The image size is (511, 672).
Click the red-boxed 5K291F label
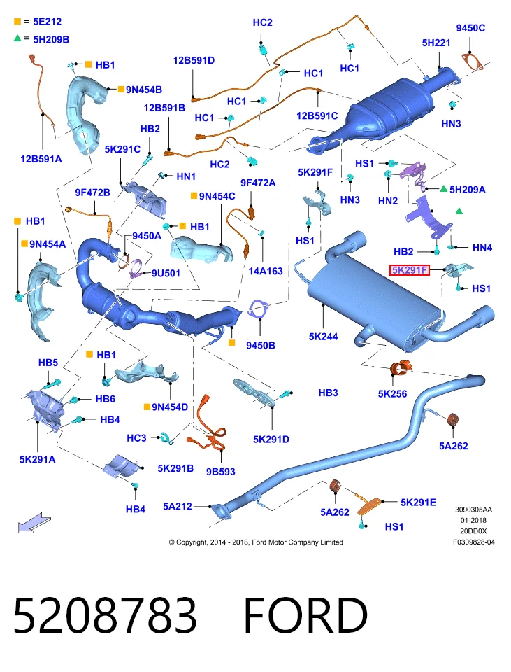point(409,270)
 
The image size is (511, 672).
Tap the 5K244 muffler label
point(323,337)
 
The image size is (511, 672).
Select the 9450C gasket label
point(470,28)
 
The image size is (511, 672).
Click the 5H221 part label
point(436,43)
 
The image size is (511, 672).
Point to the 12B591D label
point(194,60)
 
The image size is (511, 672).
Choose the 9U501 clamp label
point(166,273)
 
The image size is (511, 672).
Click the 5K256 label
point(392,393)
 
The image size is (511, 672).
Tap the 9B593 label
point(220,471)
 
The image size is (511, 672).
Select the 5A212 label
point(177,506)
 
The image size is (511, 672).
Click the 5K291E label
point(418,503)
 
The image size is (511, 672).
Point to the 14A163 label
point(266,271)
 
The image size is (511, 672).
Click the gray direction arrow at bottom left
point(34,522)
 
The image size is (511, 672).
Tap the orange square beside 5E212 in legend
point(17,21)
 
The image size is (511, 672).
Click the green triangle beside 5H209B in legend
point(17,38)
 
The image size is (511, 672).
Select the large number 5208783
point(105,615)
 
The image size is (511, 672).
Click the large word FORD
point(305,615)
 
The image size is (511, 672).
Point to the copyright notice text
point(256,542)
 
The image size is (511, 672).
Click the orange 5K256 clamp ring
point(401,368)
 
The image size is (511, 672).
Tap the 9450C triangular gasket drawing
point(473,62)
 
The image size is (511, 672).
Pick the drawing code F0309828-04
point(474,542)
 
